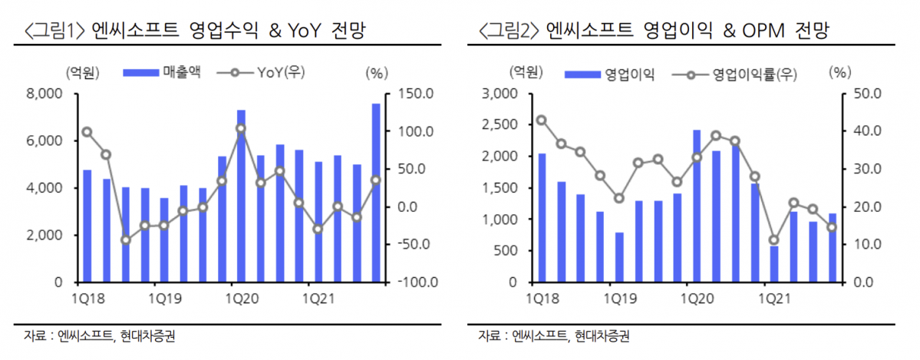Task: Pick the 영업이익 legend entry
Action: click(610, 74)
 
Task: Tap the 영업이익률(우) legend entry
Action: click(734, 74)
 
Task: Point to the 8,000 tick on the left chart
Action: click(45, 94)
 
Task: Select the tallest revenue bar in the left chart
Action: click(376, 192)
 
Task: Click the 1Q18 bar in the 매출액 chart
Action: click(87, 226)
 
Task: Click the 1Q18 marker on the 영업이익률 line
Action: click(541, 121)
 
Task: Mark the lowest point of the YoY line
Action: click(126, 240)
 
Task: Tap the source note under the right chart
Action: click(553, 336)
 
